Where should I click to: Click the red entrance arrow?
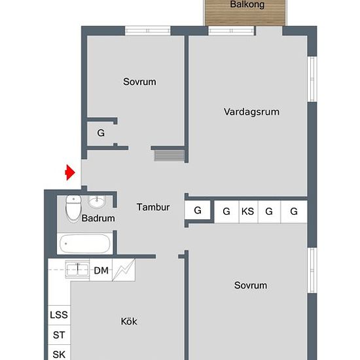coord(70,172)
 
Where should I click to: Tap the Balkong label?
coord(247,5)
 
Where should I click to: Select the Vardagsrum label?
coord(251,112)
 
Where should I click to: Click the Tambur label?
coord(153,207)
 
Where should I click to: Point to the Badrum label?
coord(98,218)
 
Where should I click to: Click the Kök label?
coord(129,321)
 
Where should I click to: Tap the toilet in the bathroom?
coord(73,208)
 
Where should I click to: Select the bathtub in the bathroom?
coord(84,243)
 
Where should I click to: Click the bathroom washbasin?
coord(97,202)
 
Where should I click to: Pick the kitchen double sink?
coord(77,270)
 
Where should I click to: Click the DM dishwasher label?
coord(101,270)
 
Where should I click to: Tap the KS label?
coord(247,211)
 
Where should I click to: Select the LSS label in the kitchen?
coord(59,315)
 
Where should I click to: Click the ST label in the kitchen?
coord(59,335)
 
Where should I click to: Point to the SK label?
coord(59,355)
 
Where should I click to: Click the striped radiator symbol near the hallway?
coord(170,155)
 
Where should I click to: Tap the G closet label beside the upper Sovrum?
coord(101,133)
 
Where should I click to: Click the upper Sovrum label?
coord(139,82)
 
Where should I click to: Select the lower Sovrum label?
coord(251,285)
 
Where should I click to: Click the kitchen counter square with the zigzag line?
coord(124,270)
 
